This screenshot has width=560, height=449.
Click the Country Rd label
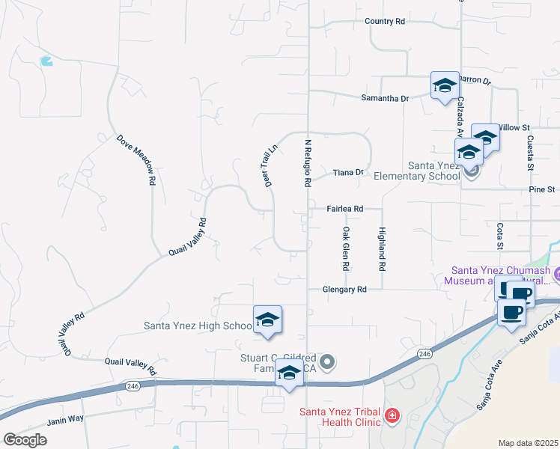pos(385,22)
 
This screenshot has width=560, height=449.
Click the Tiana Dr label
pos(348,172)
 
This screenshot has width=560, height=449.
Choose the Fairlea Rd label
pos(344,209)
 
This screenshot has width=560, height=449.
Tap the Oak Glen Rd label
pos(345,248)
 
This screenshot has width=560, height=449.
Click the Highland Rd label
pos(382,248)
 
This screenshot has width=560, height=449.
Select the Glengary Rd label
pos(344,289)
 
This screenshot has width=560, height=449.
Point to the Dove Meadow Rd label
pos(136,159)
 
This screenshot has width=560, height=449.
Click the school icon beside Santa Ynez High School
pos(267,319)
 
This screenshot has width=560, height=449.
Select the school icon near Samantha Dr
pos(445,85)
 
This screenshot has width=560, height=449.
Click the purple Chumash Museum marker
pos(556,275)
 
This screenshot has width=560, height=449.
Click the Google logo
pos(25,440)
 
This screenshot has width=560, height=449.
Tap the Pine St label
pos(541,190)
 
